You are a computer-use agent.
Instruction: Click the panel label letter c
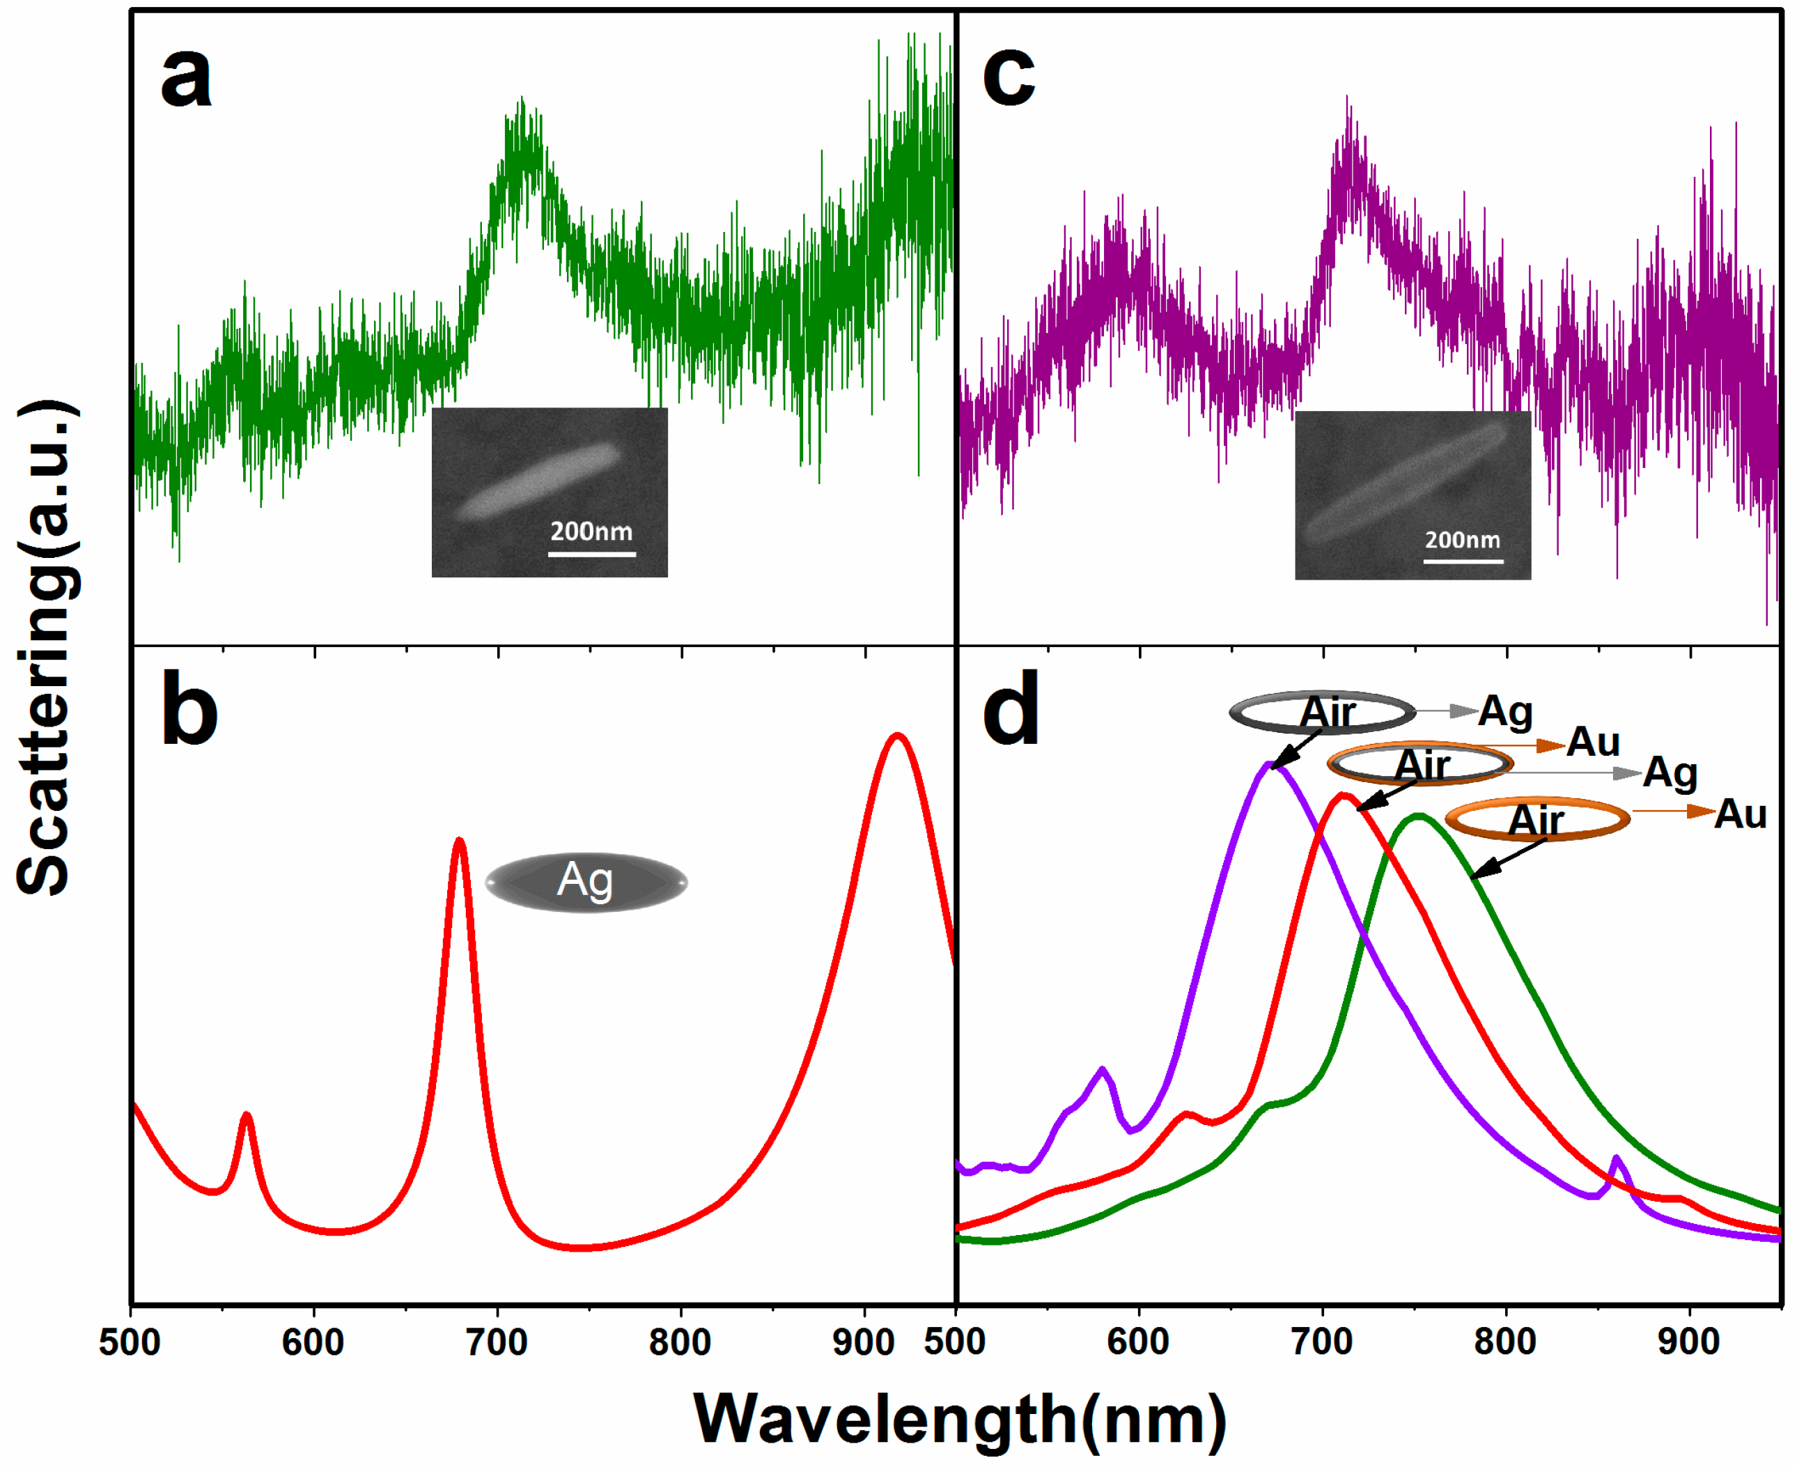(1009, 78)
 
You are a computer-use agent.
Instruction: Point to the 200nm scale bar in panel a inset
(591, 554)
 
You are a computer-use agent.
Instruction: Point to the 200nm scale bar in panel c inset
(1463, 559)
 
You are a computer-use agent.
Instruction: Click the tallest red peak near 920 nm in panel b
(897, 737)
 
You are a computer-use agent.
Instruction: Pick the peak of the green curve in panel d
(1419, 816)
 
